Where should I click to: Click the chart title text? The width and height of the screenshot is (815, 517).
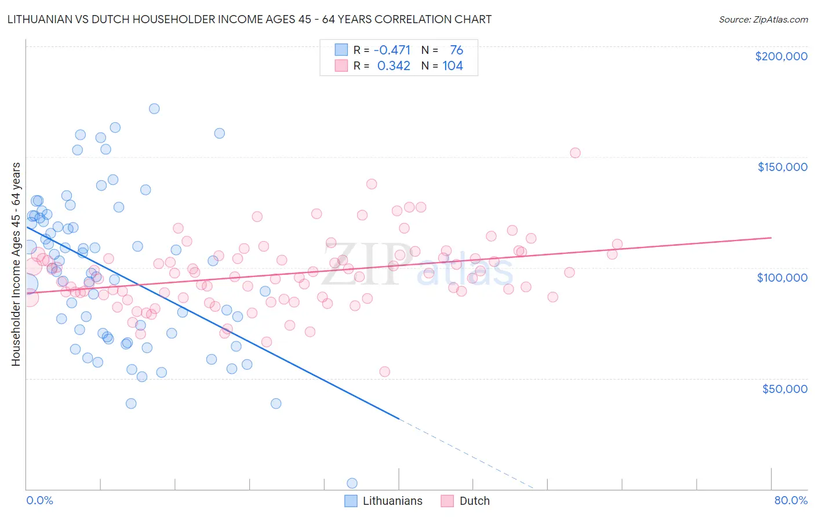(x=249, y=19)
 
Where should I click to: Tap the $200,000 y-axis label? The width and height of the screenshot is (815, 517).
(x=781, y=56)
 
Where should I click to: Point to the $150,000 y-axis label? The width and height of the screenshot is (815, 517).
(x=782, y=167)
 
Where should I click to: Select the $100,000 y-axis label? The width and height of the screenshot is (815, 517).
(x=782, y=278)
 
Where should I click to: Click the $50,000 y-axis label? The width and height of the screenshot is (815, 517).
(x=784, y=388)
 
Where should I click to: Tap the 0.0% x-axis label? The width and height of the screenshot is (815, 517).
(x=39, y=500)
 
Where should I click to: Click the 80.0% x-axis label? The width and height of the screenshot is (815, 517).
(x=791, y=500)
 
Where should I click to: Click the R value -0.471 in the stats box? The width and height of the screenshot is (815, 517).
(x=392, y=50)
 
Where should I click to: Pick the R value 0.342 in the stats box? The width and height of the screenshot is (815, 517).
(x=394, y=66)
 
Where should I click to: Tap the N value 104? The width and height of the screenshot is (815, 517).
(x=453, y=66)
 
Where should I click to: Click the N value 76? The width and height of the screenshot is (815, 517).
(x=456, y=50)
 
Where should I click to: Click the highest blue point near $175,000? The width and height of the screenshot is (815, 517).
(x=154, y=108)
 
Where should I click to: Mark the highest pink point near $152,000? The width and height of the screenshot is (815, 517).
(x=575, y=153)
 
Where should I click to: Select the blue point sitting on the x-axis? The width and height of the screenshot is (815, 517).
(x=352, y=483)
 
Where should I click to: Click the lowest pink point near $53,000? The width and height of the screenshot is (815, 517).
(x=384, y=372)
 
